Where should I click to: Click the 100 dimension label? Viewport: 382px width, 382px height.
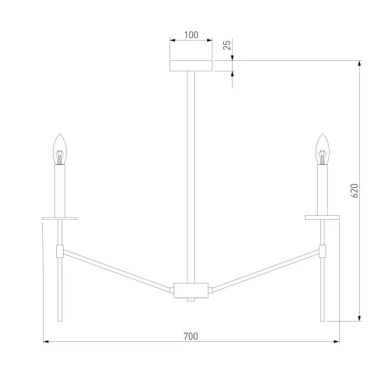tap(191, 35)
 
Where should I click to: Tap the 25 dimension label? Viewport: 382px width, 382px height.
tap(227, 45)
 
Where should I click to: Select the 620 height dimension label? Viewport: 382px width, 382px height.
tap(355, 191)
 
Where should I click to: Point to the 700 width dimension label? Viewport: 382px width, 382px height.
tap(191, 336)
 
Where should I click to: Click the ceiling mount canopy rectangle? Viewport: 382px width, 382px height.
tap(191, 66)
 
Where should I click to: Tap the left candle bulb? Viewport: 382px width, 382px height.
tap(60, 149)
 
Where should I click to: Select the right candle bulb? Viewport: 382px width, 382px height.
tap(322, 149)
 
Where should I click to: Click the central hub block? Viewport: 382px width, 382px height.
tap(191, 290)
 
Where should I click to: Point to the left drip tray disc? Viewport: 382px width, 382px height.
tap(60, 218)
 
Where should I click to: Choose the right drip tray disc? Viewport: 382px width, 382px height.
tap(322, 217)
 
